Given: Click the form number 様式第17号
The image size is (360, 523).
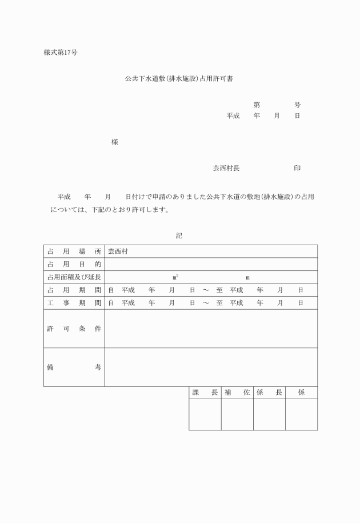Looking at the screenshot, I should pos(61,53).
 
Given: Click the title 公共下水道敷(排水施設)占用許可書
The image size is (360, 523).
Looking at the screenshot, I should pos(179,78).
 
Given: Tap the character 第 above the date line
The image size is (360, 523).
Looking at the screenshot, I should pos(257,105).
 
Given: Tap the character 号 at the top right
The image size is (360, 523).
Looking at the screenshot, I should pos(298,105).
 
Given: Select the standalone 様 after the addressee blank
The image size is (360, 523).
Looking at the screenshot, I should pos(115,142).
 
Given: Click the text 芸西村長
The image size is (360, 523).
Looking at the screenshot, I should pos(226,168).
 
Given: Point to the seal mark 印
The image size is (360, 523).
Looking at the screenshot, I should pos(298,168).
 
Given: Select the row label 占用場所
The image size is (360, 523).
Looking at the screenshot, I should pos(74,251).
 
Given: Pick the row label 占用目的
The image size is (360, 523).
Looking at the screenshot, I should pos(74,264).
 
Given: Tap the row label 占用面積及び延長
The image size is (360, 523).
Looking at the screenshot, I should pos(74,277).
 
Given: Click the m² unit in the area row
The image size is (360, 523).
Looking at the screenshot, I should pos(175,277).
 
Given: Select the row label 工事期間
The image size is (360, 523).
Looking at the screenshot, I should pos(74,303).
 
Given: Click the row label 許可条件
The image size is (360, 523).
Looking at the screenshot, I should pos(74,329).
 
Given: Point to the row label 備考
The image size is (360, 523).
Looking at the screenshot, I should pos(74,367).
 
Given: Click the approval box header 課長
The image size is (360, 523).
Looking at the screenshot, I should pos(205,393).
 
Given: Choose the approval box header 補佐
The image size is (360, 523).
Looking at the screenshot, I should pos(237,393).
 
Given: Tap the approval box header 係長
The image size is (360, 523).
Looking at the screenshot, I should pos(269,393).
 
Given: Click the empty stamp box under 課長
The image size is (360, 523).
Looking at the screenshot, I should pos(205,414).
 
